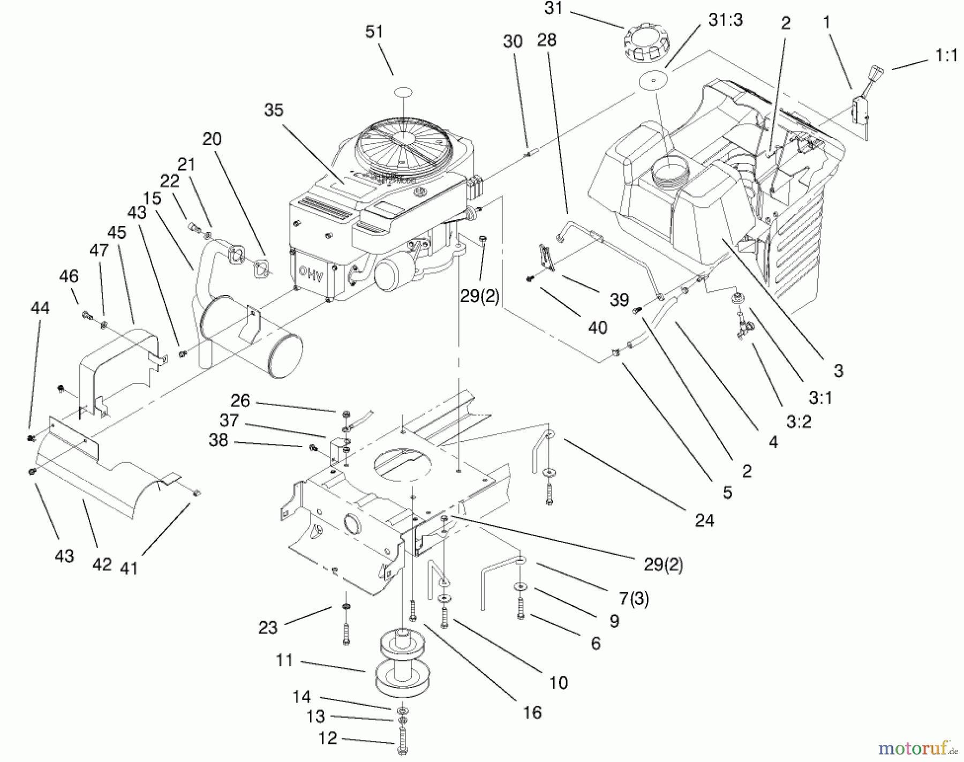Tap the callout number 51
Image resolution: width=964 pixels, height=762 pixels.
[374, 32]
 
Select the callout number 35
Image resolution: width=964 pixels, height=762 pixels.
[274, 110]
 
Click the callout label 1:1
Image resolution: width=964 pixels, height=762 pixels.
[946, 56]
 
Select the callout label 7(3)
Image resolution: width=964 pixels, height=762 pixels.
[634, 598]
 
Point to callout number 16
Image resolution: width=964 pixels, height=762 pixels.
[532, 713]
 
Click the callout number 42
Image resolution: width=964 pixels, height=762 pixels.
[102, 564]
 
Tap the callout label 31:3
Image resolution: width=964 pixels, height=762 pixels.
[725, 20]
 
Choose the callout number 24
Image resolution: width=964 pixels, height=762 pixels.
[704, 520]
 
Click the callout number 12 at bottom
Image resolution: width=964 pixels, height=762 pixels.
[327, 738]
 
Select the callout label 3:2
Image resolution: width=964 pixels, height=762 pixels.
[799, 422]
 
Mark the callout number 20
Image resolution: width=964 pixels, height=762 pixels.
[212, 139]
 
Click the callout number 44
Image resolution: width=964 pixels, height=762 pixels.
[40, 308]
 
